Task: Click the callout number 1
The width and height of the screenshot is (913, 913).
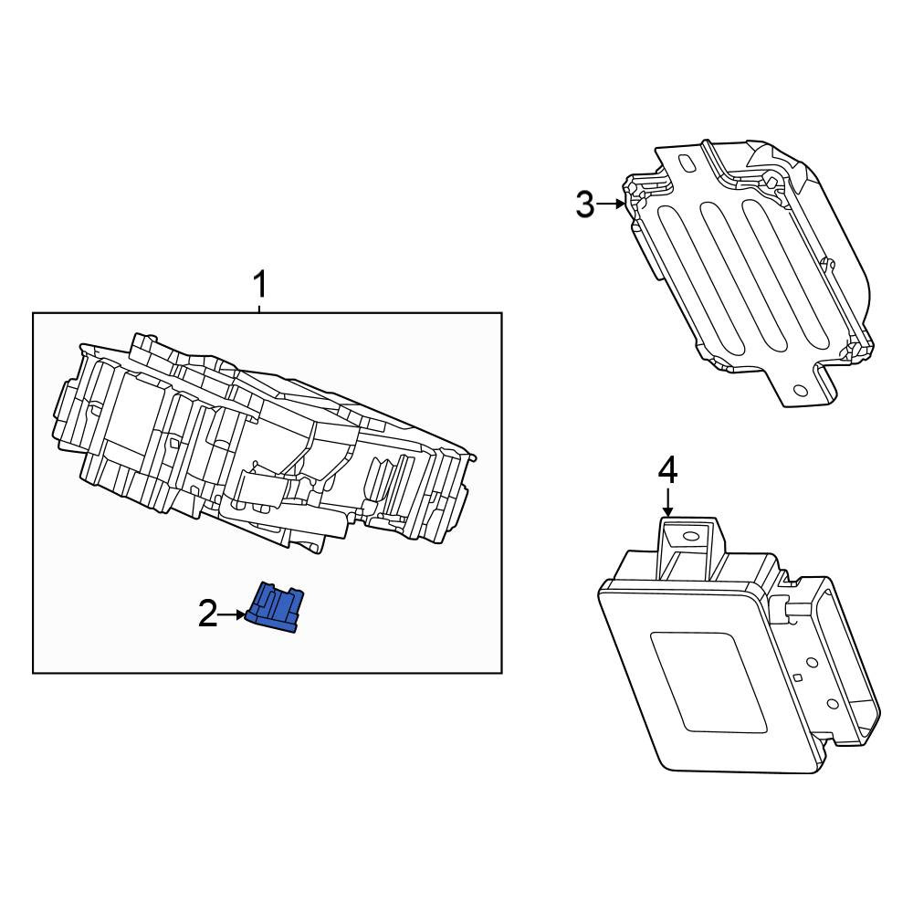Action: coord(259,285)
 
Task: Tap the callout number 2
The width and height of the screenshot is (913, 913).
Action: coord(208,614)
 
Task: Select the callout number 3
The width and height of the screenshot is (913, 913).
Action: coord(585,205)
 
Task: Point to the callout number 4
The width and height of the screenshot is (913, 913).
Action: coord(668,471)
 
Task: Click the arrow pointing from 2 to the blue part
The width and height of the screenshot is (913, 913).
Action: coord(232,614)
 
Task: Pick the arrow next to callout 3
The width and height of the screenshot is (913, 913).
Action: coord(611,204)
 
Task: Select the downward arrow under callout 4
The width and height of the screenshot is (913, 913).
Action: coord(668,502)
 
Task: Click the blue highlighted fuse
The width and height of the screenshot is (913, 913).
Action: coord(275,607)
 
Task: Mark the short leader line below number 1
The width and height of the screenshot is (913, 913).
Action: coord(259,307)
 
